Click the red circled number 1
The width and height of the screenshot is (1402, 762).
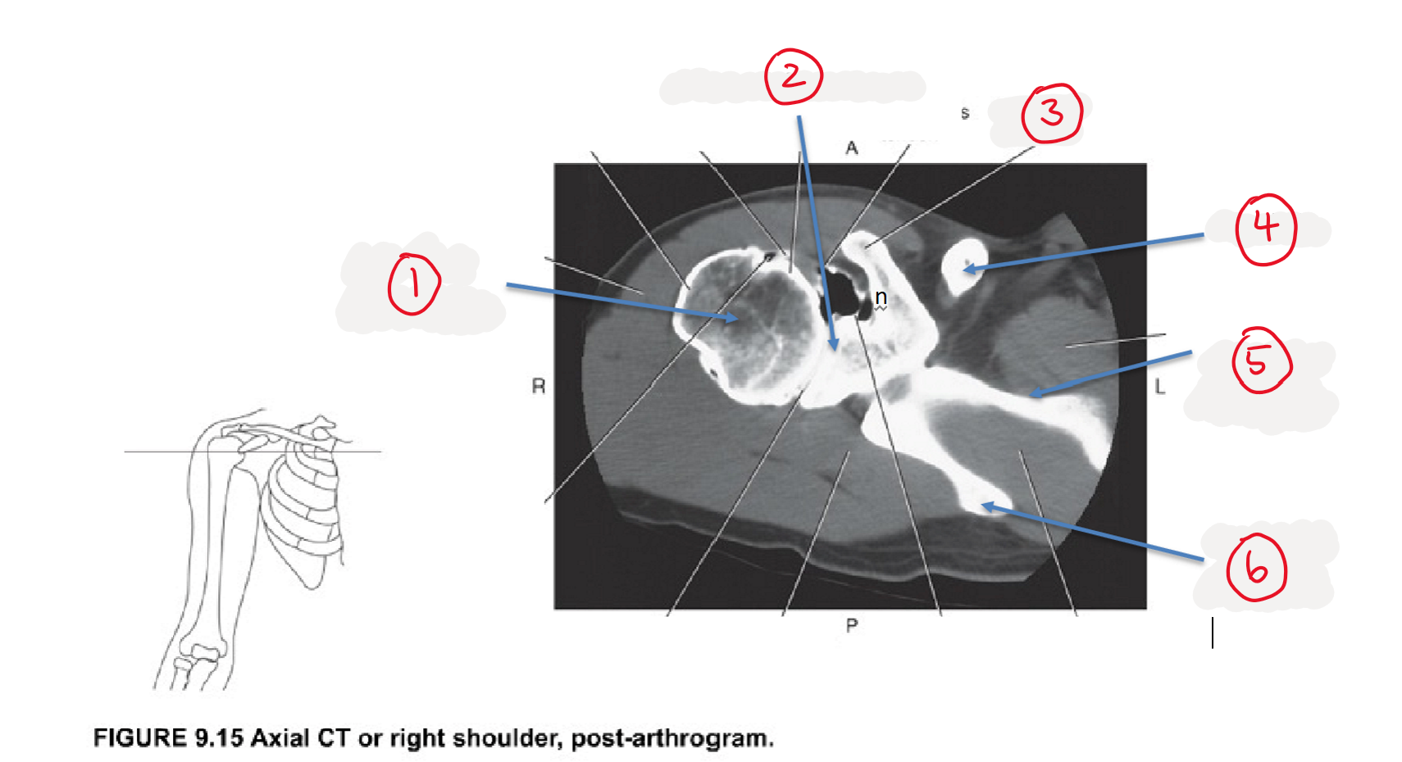414,284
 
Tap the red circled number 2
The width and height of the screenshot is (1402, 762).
794,76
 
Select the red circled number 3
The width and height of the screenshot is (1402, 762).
1051,113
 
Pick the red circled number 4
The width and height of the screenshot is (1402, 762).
1266,229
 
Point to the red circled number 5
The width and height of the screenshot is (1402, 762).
1261,361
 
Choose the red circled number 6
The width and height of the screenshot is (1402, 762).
1256,568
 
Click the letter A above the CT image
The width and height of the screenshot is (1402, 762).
851,148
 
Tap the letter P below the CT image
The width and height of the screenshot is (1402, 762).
851,625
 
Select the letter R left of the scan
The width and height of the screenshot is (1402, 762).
539,386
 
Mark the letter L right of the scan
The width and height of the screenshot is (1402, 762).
1160,387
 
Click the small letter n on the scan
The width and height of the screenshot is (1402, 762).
881,297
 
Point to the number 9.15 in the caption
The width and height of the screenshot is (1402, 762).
219,738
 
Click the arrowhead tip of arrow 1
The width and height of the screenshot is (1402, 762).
738,319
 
